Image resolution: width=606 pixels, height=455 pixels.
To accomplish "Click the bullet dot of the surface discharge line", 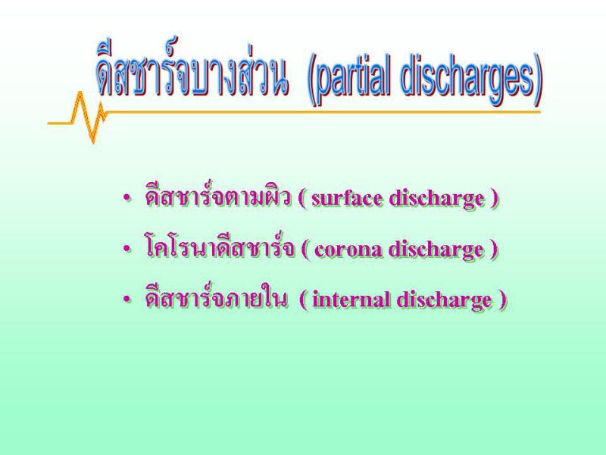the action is tap(127, 199).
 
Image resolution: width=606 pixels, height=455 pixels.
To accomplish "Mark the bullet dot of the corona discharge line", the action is tap(127, 249).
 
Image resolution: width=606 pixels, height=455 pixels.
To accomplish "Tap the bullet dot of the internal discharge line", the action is tap(127, 300).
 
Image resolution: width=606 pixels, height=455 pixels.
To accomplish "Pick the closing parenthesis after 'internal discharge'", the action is tap(502, 300).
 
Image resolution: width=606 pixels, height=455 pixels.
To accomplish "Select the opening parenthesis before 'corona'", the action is tap(305, 250).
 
